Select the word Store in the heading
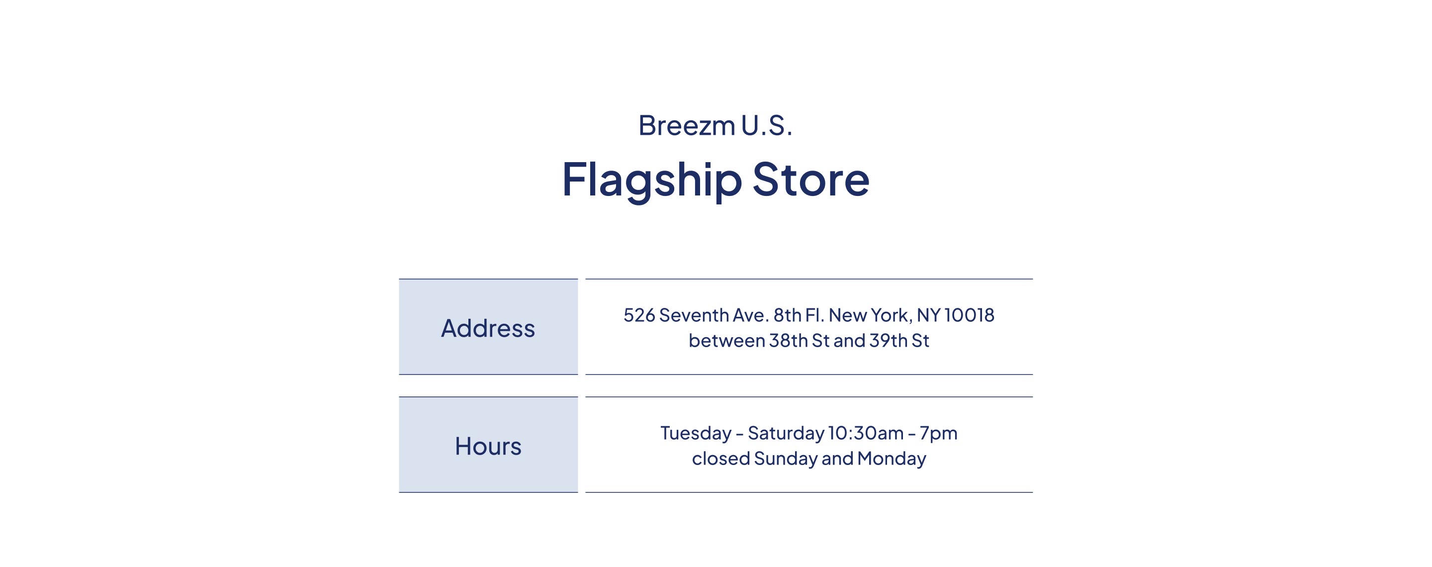[810, 180]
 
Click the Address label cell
[488, 327]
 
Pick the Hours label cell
[488, 445]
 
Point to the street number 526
[639, 315]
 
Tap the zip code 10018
[970, 315]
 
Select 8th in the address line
[787, 315]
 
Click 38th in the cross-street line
[788, 340]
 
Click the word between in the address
[726, 340]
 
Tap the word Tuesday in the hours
[696, 433]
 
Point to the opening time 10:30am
[866, 433]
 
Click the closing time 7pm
[939, 434]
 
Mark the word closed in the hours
[721, 458]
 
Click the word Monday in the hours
[892, 459]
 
